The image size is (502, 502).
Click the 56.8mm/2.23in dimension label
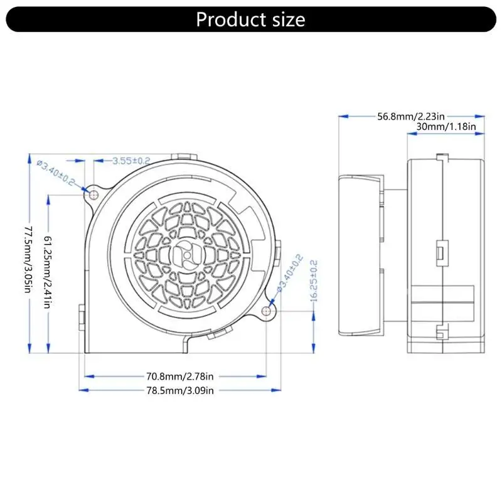[411, 116]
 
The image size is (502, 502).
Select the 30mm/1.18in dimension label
[446, 127]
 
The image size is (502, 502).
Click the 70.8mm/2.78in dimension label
[181, 377]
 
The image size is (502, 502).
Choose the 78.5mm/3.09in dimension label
[181, 390]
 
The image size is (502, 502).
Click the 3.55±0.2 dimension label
[131, 161]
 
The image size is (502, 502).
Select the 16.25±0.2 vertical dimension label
[314, 281]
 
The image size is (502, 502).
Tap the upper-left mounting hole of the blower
[93, 195]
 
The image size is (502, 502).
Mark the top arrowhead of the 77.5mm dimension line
[28, 158]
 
